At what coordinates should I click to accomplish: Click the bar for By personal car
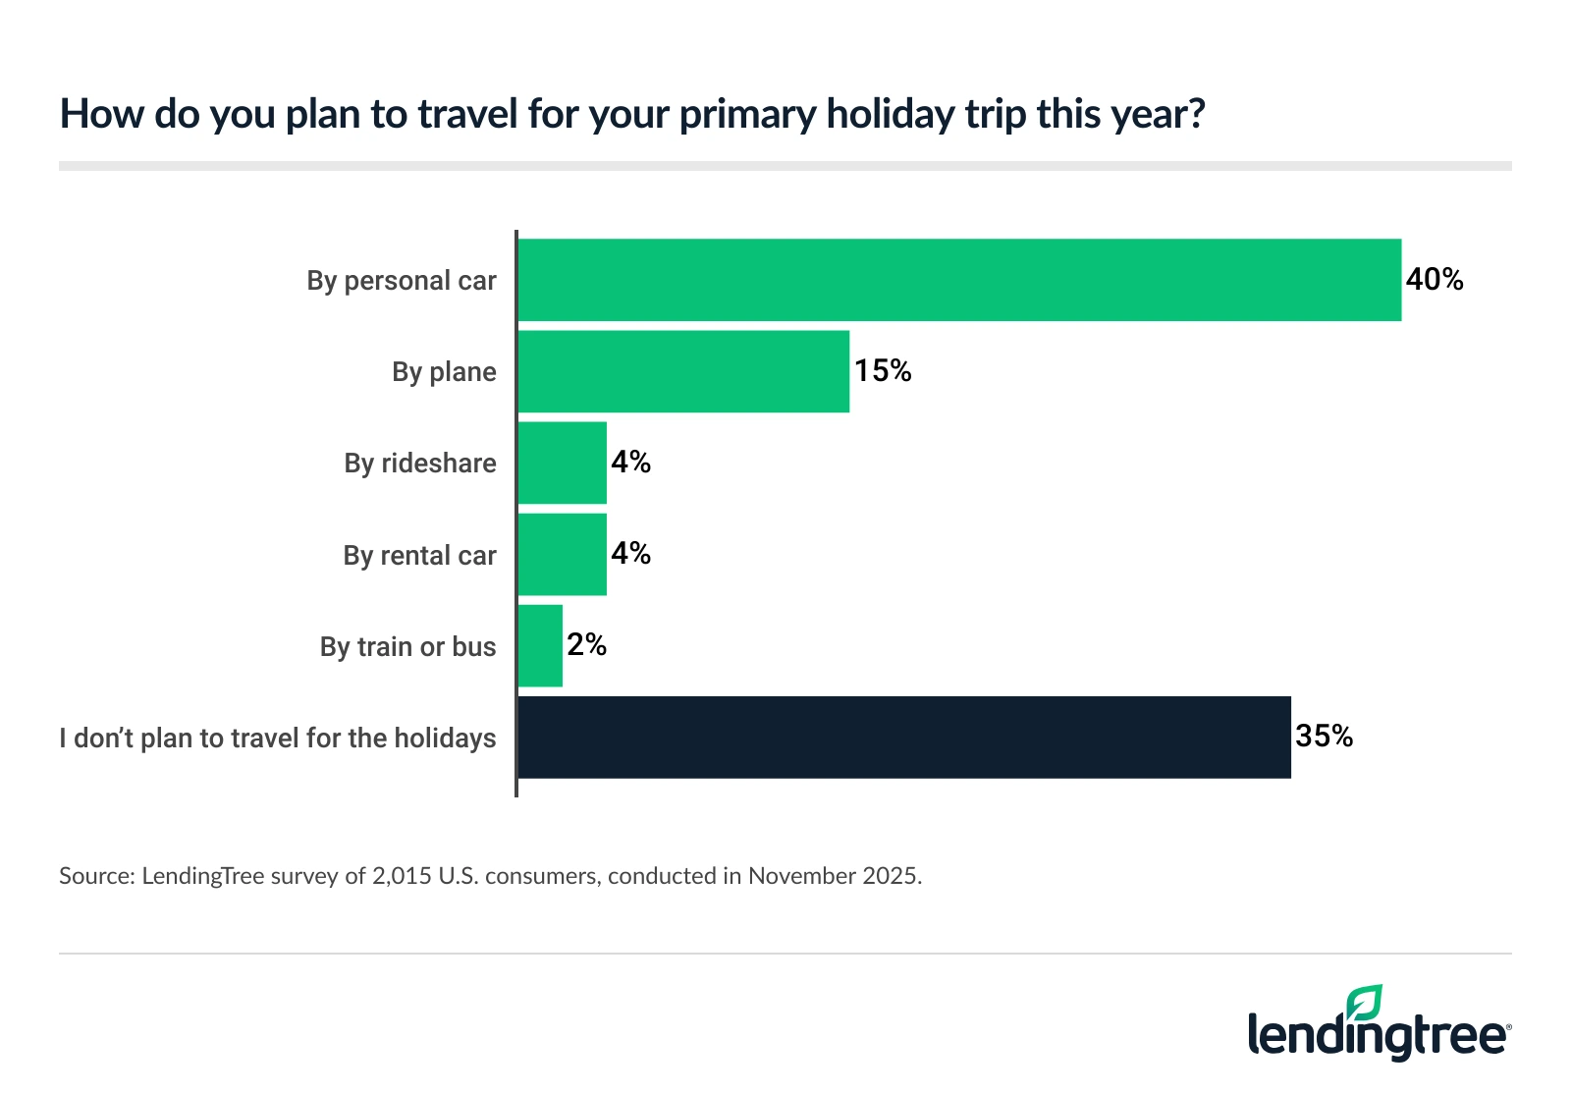[959, 280]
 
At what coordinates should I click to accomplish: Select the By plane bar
[683, 371]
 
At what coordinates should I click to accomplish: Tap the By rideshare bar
[562, 463]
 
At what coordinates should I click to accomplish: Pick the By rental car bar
[562, 555]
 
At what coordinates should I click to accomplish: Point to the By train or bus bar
[540, 646]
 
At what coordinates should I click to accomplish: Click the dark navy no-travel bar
[903, 738]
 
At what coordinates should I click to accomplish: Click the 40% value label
[1435, 280]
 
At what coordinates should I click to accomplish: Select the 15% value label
[883, 371]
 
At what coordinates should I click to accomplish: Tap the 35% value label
[1324, 737]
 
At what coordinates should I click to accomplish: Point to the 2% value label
[586, 645]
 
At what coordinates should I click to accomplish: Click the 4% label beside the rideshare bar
[630, 463]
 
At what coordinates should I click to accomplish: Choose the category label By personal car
[402, 281]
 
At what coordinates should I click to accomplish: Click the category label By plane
[444, 372]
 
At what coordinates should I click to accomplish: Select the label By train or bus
[407, 647]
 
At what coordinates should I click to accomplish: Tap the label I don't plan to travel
[278, 738]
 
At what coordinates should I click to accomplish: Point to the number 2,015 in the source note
[402, 876]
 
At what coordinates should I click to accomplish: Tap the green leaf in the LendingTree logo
[1364, 1003]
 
